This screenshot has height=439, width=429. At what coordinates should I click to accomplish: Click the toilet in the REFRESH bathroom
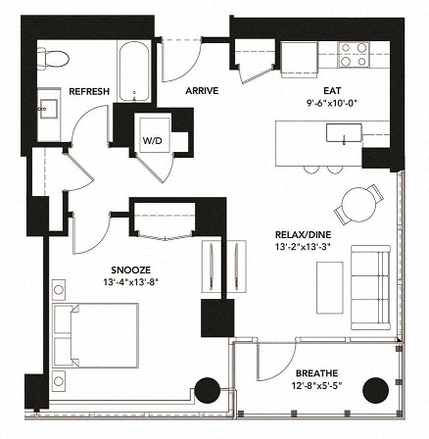click(x=56, y=58)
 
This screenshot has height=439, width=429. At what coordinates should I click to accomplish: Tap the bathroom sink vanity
click(x=50, y=104)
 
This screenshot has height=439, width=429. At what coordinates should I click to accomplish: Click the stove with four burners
click(x=353, y=55)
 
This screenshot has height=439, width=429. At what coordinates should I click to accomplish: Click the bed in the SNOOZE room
click(x=94, y=333)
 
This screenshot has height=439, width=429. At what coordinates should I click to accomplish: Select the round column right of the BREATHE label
click(x=375, y=391)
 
